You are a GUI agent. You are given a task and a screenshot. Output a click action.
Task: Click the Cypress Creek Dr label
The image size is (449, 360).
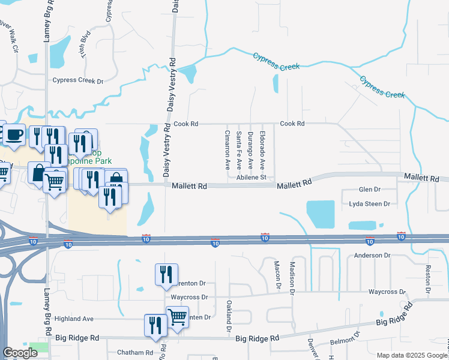point(78,80)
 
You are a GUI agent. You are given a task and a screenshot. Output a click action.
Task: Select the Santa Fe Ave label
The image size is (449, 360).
point(239,149)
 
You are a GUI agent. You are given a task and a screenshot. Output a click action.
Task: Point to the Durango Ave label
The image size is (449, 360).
point(250,148)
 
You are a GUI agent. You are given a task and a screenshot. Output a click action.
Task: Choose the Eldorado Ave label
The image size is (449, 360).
point(262,148)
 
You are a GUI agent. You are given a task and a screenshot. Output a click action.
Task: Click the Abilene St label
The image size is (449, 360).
point(251,178)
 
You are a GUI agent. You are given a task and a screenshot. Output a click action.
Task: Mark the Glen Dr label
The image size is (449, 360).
point(369,190)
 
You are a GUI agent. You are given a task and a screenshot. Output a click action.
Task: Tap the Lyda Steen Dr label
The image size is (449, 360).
point(370,204)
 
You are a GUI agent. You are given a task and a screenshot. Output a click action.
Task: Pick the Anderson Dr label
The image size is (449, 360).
point(372,256)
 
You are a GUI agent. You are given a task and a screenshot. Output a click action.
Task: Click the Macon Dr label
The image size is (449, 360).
point(277,275)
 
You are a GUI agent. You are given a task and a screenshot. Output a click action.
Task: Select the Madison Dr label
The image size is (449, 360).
point(292,277)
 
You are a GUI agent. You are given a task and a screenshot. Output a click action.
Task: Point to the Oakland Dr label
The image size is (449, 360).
point(229,316)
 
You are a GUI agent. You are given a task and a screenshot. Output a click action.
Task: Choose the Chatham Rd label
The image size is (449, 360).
point(136,352)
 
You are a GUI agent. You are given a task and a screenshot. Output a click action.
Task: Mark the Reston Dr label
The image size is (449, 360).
point(428,279)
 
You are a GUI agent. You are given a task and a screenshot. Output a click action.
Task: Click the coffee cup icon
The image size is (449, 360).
point(14,136)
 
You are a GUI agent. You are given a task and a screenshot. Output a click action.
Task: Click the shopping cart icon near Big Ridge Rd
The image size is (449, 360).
point(178,317)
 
